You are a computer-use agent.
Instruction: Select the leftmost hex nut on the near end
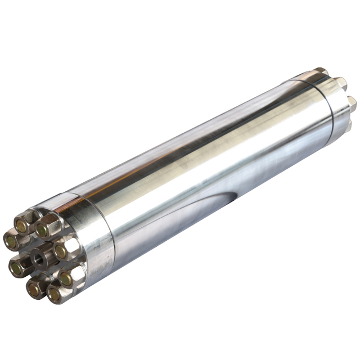coord(13,241)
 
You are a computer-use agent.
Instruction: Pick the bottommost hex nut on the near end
coord(57,293)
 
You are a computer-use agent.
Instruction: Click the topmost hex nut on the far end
coord(319,71)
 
